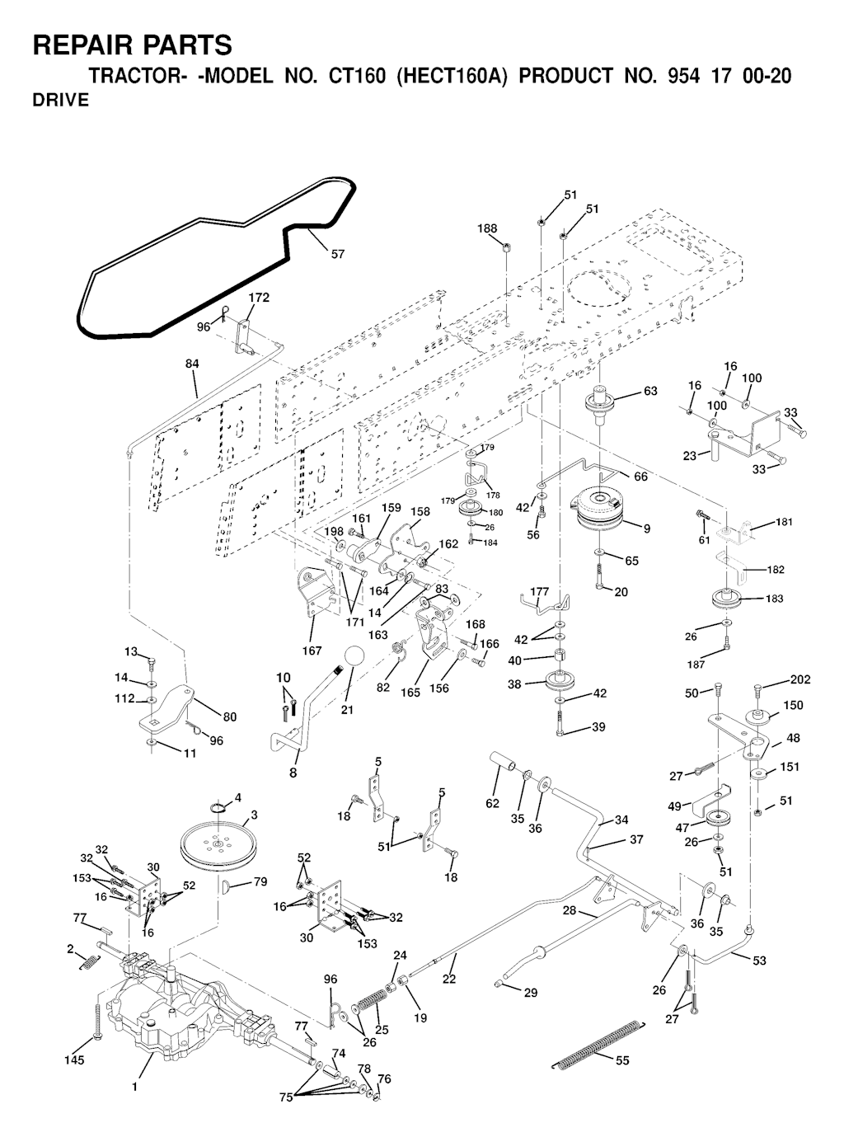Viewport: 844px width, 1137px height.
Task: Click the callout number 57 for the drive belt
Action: point(338,254)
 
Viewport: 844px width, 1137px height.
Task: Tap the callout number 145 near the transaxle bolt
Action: point(74,1059)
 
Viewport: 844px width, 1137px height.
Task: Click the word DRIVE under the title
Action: point(60,101)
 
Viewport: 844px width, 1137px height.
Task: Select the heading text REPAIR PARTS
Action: point(133,45)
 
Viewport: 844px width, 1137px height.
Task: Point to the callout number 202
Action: point(800,679)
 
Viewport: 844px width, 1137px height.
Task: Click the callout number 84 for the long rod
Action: point(192,364)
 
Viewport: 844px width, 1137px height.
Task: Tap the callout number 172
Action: point(259,297)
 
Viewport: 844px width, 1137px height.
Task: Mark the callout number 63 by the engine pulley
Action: point(650,391)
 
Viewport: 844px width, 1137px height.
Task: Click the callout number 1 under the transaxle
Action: point(134,1087)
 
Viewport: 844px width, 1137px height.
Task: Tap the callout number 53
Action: point(759,961)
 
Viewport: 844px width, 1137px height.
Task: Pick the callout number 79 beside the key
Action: point(260,882)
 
